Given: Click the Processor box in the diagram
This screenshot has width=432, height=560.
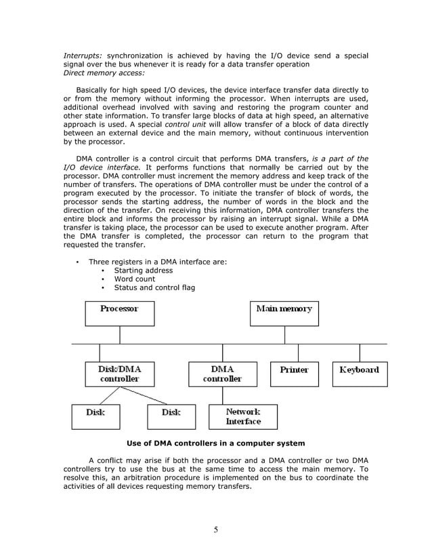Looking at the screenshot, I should [x=119, y=313].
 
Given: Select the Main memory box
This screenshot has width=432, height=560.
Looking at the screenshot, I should [x=284, y=313].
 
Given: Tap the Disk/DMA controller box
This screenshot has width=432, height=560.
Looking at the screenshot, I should [x=119, y=374].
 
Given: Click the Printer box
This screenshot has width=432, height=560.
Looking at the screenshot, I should [x=294, y=374].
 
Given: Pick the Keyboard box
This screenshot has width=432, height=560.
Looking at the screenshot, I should [x=359, y=374].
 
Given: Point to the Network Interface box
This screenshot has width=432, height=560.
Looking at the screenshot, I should [x=242, y=416].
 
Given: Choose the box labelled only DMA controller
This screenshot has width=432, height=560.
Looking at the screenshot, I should [x=222, y=374].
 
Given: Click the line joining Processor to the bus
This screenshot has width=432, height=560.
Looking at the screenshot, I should [x=120, y=335].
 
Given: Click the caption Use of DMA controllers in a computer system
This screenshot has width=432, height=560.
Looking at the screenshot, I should [x=215, y=443].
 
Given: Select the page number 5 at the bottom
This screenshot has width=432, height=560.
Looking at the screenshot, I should [x=215, y=530].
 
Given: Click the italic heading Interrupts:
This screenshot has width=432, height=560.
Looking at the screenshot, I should [x=83, y=54].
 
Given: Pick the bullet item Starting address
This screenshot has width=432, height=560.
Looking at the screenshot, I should [x=143, y=271].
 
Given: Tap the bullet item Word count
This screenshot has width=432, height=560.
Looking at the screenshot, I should [x=134, y=279].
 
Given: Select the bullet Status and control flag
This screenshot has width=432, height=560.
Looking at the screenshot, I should [x=154, y=287].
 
